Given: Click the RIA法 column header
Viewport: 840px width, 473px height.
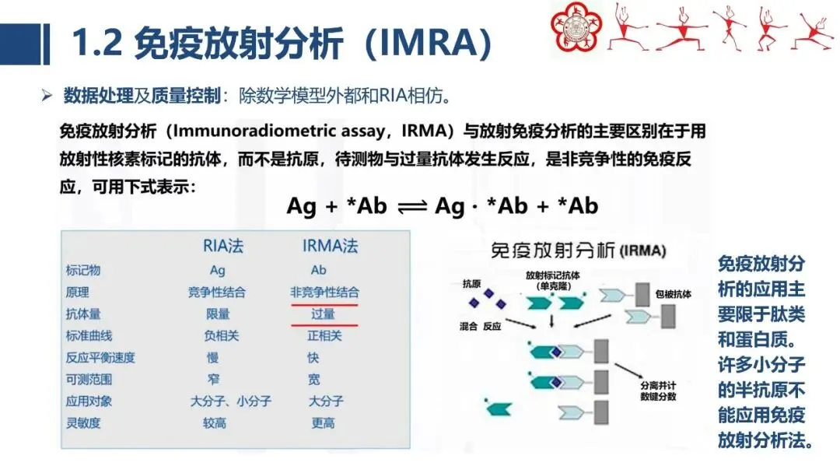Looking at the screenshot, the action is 223,247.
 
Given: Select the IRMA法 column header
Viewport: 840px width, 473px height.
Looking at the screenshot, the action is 331,247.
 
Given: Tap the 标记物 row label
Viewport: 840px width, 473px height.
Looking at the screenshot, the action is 83,271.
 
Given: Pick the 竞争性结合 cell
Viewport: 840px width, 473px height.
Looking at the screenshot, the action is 217,293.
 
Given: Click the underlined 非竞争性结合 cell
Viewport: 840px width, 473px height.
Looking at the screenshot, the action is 324,293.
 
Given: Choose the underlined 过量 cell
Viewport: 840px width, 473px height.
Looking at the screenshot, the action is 323,314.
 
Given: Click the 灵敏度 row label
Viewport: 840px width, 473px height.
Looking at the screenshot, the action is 83,423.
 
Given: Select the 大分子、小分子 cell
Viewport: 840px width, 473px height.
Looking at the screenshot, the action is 231,401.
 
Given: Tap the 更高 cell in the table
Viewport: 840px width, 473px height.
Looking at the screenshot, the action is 323,423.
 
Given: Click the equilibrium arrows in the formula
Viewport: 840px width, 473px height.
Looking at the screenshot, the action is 412,207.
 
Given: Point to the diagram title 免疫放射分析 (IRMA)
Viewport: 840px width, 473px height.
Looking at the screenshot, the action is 575,251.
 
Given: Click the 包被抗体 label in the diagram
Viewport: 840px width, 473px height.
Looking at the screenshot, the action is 674,294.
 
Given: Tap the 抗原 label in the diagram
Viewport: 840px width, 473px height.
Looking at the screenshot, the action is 472,283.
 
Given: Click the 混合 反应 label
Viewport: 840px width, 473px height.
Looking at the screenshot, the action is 481,327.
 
